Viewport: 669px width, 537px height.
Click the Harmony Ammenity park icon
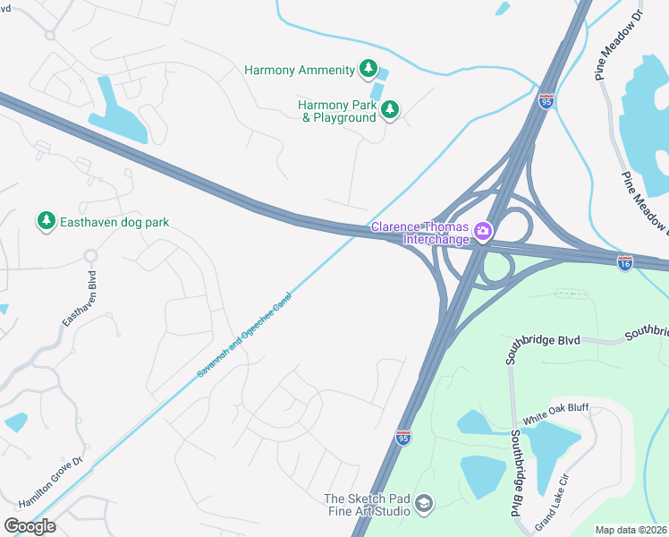[368, 69]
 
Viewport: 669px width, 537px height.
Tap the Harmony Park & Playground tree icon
[389, 110]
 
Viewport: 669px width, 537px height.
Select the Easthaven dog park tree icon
[46, 221]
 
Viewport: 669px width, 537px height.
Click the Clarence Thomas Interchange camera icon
[483, 233]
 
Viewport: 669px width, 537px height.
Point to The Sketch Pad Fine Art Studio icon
[424, 506]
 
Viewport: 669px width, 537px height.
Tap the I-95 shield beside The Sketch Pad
[403, 437]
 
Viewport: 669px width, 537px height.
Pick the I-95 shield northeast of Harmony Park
[546, 101]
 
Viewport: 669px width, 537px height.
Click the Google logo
[30, 525]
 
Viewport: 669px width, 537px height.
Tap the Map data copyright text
[631, 530]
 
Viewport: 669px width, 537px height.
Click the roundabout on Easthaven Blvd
[89, 256]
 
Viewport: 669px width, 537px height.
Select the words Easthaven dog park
[114, 222]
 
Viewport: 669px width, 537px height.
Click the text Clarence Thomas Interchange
[421, 233]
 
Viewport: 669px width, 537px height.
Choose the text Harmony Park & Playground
[337, 111]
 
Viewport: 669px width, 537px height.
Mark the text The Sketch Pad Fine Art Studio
[367, 506]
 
